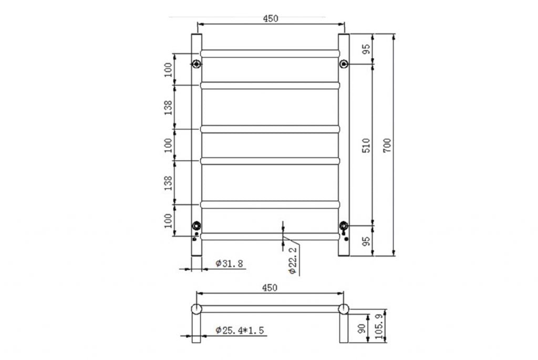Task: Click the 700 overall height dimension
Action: pos(387,145)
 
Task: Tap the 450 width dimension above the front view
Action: pos(270,18)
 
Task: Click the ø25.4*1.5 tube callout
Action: pos(239,330)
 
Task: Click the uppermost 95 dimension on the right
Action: pos(366,49)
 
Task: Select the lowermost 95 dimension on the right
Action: pos(366,241)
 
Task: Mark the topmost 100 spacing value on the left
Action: pos(168,69)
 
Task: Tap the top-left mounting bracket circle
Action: pos(196,64)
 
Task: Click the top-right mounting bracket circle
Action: pos(344,64)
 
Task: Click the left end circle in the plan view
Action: pos(196,308)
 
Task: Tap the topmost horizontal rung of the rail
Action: pos(270,54)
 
